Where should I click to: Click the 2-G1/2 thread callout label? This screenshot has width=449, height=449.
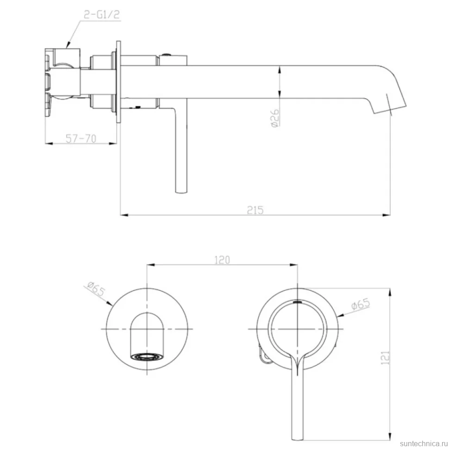point(101,14)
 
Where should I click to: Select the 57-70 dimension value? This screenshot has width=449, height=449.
point(81,138)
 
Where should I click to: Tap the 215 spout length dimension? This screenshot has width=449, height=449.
point(255,210)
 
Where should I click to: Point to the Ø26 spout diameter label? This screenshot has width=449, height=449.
point(274,118)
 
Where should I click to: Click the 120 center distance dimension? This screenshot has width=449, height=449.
point(222,260)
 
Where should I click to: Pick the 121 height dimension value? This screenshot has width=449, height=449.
point(385,358)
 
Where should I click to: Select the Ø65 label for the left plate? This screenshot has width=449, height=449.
point(96,289)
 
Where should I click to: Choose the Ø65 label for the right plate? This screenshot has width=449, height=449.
point(361,304)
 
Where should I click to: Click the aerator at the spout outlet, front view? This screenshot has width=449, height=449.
point(147,357)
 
